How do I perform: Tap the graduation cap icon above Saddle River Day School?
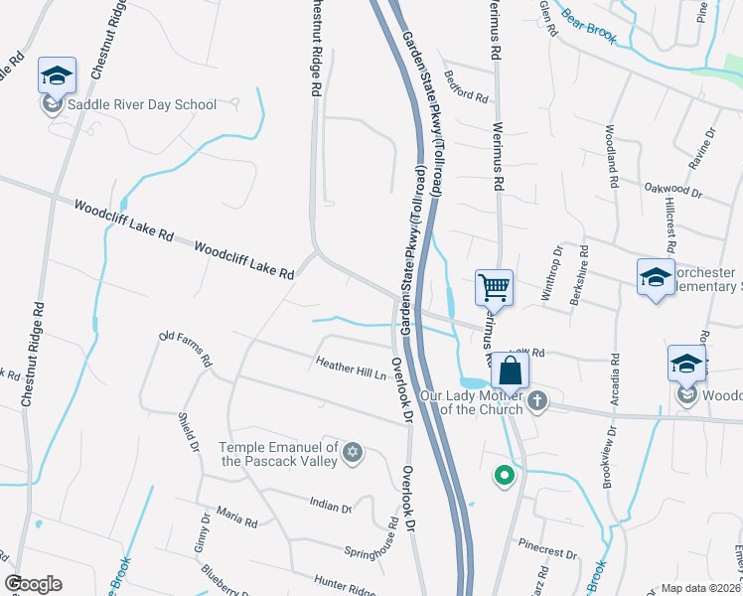pos(57,75)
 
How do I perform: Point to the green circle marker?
pos(505,477)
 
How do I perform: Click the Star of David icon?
pos(351,454)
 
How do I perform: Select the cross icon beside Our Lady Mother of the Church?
pos(536,401)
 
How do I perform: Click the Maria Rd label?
pos(236,520)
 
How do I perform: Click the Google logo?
pos(33,584)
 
